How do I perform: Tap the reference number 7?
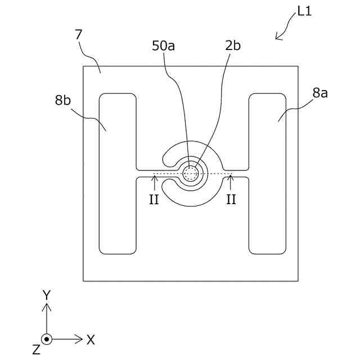[79, 35]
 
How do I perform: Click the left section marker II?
[154, 200]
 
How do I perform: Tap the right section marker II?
[231, 200]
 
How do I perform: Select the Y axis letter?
[47, 294]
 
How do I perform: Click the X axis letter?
[91, 339]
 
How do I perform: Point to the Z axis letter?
[36, 350]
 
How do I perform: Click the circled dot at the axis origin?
[47, 339]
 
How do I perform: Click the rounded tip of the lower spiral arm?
[176, 184]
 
